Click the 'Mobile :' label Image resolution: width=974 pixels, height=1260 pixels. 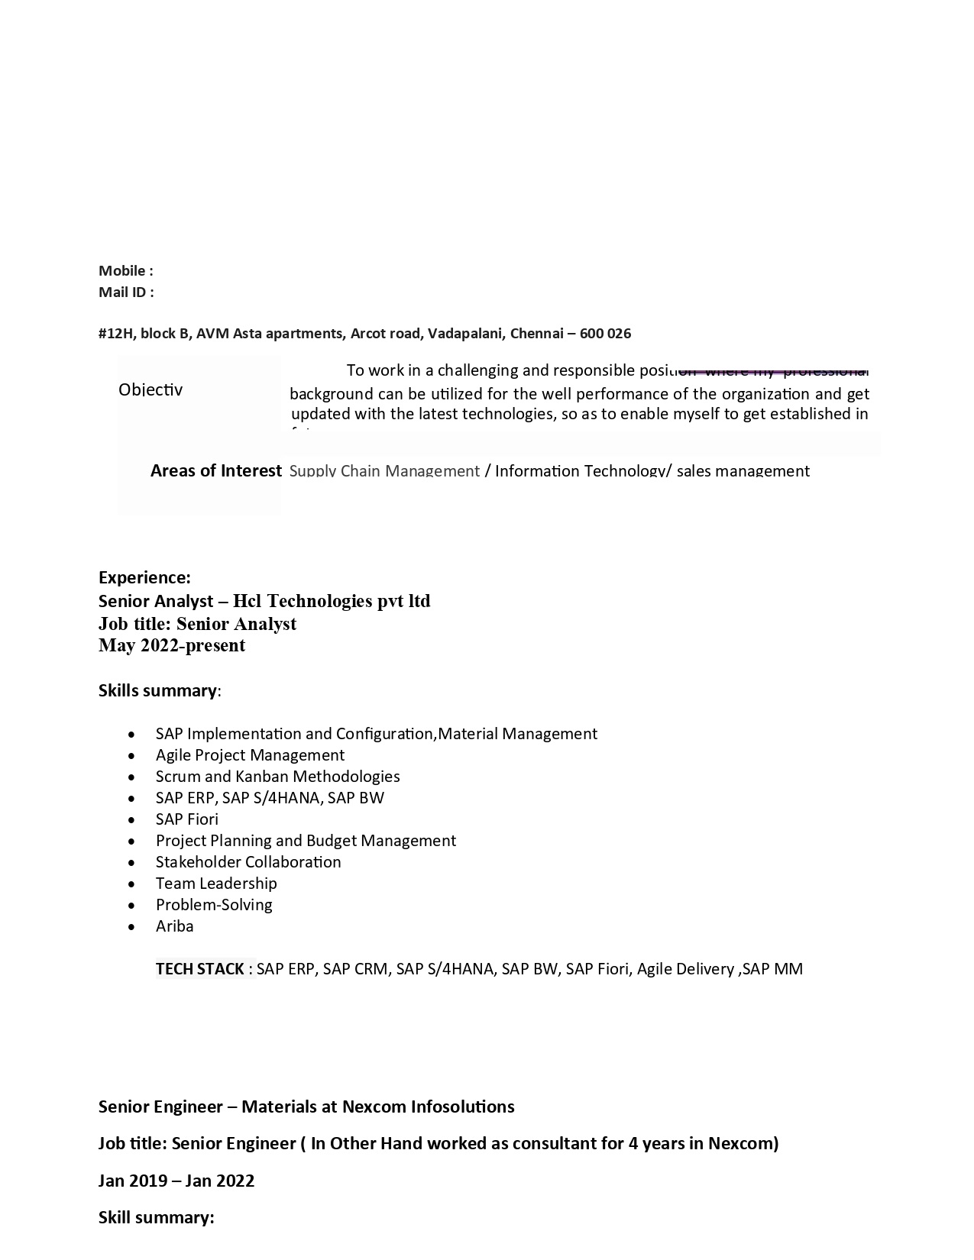pyautogui.click(x=125, y=270)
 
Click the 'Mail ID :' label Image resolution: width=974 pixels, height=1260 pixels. pyautogui.click(x=126, y=292)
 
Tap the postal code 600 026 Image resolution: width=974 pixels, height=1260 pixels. pyautogui.click(x=605, y=333)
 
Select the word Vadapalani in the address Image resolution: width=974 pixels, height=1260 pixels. pyautogui.click(x=465, y=333)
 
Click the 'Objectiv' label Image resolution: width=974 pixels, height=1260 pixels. pyautogui.click(x=150, y=389)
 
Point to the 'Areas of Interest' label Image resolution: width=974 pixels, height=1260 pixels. pyautogui.click(x=215, y=470)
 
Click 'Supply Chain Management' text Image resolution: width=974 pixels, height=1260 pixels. pyautogui.click(x=384, y=470)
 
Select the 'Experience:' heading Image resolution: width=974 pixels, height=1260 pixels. pyautogui.click(x=144, y=577)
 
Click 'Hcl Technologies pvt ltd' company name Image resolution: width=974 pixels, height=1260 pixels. pyautogui.click(x=332, y=601)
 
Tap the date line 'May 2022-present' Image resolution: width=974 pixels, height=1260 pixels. pyautogui.click(x=172, y=645)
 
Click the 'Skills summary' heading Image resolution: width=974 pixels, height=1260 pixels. pyautogui.click(x=157, y=690)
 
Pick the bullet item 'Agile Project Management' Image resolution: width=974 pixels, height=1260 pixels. pyautogui.click(x=250, y=755)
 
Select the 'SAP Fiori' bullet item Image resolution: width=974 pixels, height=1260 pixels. pyautogui.click(x=187, y=819)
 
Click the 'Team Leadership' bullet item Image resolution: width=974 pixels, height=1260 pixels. pyautogui.click(x=216, y=884)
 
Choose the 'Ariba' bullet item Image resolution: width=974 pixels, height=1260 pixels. pyautogui.click(x=174, y=926)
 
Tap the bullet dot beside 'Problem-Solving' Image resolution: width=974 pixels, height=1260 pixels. pyautogui.click(x=133, y=906)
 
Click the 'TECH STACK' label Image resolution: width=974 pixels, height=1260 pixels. pyautogui.click(x=200, y=969)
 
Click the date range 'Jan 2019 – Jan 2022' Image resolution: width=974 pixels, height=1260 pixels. pyautogui.click(x=176, y=1181)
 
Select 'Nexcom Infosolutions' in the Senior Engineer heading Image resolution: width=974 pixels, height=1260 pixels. pyautogui.click(x=428, y=1107)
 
